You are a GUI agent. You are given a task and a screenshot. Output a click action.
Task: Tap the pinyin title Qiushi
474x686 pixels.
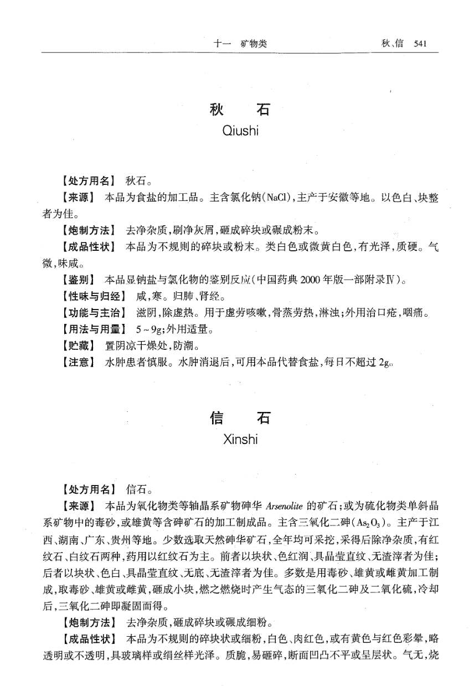240,131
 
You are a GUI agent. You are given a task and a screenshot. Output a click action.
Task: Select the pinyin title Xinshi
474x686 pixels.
240,440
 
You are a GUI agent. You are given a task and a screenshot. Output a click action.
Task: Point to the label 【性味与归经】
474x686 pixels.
89,297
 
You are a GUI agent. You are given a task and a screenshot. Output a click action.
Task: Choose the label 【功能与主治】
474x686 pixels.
89,313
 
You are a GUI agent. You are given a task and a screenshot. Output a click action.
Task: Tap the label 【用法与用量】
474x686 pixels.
89,331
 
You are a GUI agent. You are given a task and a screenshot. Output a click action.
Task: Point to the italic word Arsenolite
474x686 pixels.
284,506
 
